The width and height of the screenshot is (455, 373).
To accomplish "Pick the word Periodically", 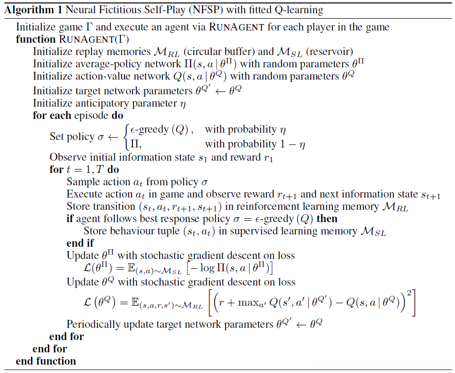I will coord(94,324).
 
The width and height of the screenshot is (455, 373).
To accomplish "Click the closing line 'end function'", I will coord(46,361).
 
